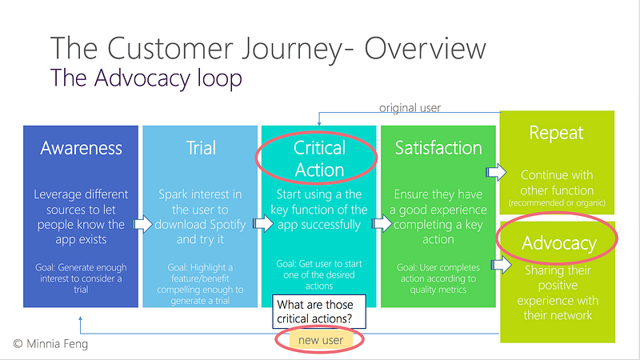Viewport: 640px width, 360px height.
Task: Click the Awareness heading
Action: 81,148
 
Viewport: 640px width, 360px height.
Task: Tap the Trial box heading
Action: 201,148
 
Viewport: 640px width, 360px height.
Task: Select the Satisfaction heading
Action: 438,148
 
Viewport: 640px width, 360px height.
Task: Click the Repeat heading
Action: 556,133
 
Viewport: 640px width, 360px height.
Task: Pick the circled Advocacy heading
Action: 558,243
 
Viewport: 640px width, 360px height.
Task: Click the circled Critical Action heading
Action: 319,158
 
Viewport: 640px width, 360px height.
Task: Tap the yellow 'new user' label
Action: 321,341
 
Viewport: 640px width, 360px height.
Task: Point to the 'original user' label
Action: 410,108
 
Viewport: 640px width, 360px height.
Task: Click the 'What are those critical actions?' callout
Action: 318,311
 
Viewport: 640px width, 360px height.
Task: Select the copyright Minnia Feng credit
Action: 50,344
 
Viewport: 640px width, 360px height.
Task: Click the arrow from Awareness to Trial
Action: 142,224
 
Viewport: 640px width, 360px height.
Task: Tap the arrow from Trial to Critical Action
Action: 263,223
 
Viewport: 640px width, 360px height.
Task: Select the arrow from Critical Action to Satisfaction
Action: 382,223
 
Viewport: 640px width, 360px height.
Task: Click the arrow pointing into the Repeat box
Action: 496,172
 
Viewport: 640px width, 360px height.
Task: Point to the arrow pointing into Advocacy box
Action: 502,265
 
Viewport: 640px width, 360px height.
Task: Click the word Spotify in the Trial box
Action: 227,225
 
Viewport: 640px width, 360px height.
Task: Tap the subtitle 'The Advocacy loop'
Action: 146,78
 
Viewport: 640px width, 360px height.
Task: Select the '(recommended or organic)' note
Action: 557,203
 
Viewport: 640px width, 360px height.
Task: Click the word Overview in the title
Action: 425,48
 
